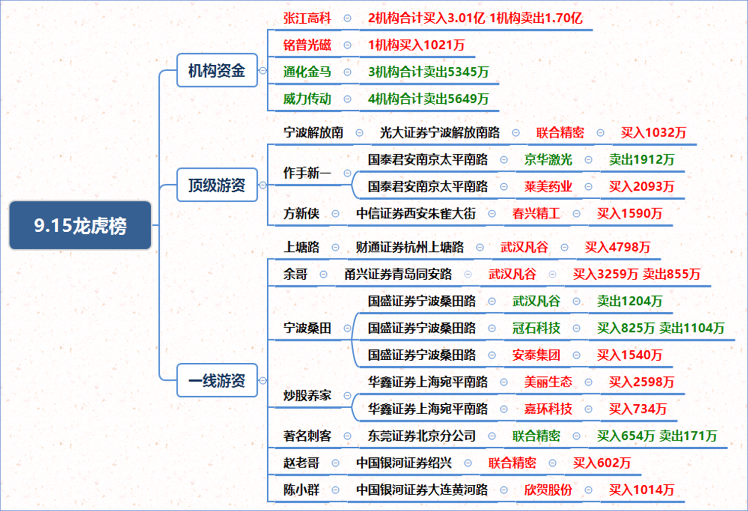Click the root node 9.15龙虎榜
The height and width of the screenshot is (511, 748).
80,225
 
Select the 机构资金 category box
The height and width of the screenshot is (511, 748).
217,70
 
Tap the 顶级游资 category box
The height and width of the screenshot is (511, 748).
217,185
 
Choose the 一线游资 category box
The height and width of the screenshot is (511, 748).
217,380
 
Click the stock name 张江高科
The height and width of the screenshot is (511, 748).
307,18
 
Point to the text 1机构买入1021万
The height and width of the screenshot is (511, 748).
416,45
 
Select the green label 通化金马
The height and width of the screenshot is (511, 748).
307,72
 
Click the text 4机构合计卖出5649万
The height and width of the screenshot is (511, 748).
428,99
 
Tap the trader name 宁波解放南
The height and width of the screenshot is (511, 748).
313,132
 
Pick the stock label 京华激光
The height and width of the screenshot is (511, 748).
548,160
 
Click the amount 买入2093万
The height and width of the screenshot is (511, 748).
641,186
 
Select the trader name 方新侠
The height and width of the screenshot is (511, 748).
301,213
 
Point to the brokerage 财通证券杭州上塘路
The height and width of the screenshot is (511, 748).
410,247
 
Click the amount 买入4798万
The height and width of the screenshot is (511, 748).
618,247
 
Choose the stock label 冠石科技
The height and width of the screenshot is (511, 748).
536,328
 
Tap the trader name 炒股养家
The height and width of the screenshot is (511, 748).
307,395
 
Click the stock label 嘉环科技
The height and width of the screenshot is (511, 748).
548,409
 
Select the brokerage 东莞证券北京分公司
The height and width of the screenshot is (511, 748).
422,436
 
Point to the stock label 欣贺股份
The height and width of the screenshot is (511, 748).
548,490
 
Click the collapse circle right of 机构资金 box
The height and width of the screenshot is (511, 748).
263,71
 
